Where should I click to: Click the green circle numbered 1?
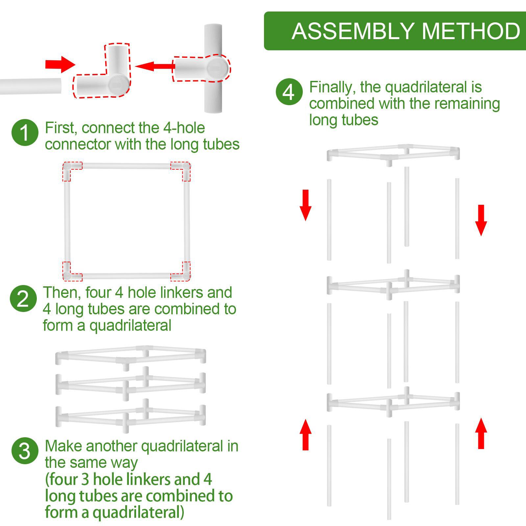click(x=25, y=133)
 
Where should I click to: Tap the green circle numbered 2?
click(x=23, y=299)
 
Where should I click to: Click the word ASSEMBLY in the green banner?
click(x=352, y=31)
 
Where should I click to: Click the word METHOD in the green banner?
click(x=471, y=31)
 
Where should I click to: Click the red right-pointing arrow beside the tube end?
click(x=60, y=64)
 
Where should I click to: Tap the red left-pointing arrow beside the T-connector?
click(x=154, y=66)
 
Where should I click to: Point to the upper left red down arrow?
click(x=305, y=205)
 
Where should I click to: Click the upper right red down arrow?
click(x=481, y=220)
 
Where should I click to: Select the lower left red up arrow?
click(x=305, y=434)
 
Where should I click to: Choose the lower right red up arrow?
click(x=481, y=433)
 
